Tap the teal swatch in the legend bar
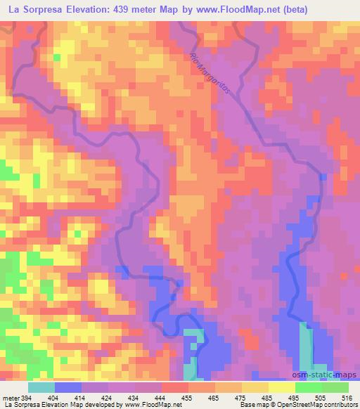coord(41,387)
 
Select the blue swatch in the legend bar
coord(68,387)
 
